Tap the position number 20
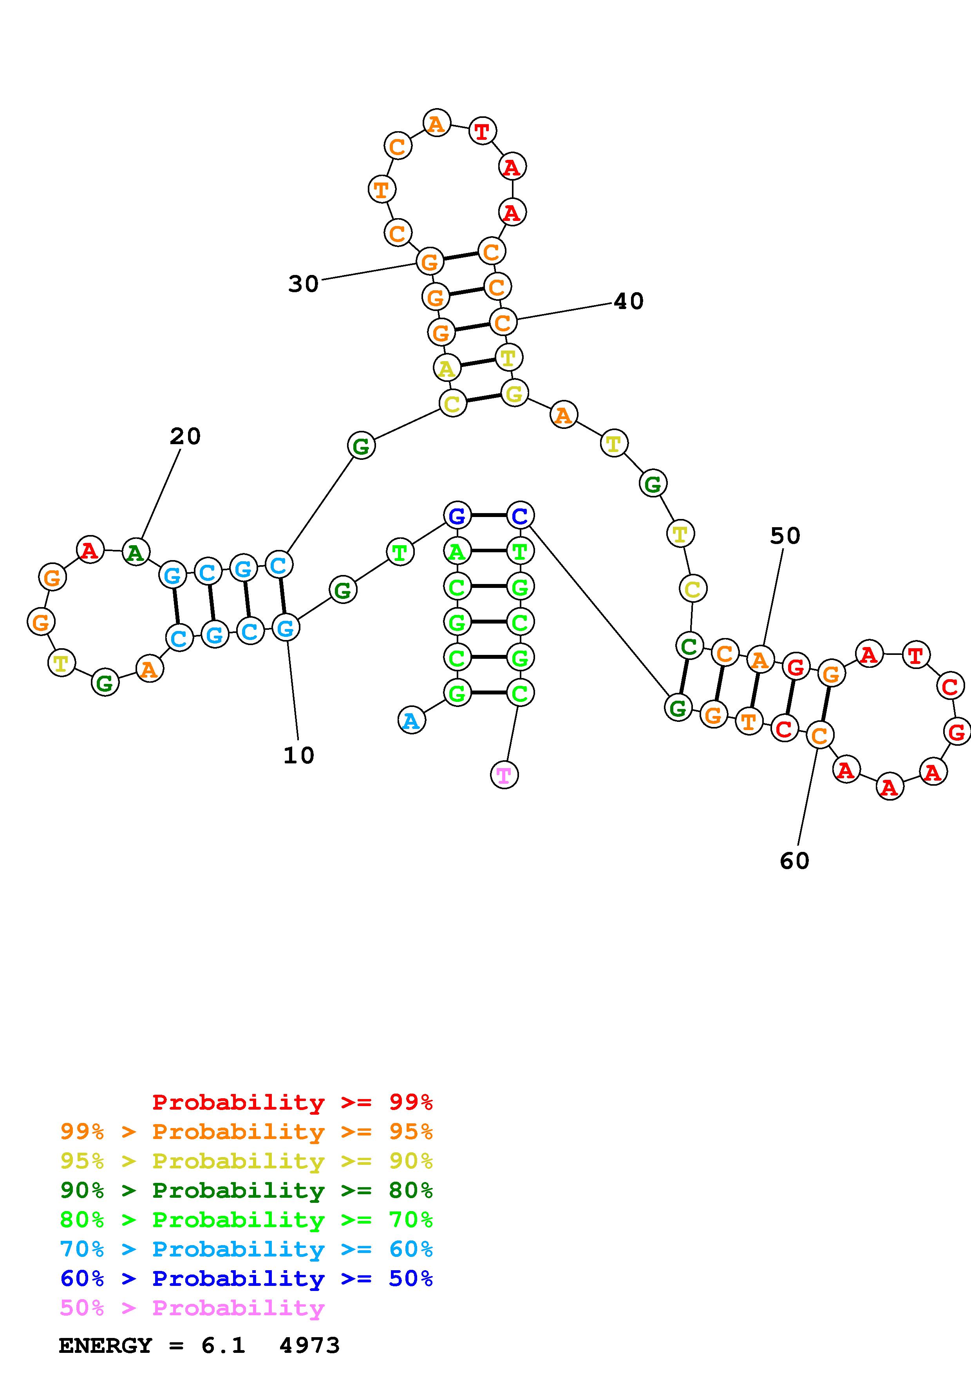(185, 436)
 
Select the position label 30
(303, 284)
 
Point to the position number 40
(629, 301)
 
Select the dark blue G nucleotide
(457, 515)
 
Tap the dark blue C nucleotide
(520, 515)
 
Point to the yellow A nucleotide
(446, 368)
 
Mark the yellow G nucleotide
(514, 393)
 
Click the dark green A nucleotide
(136, 552)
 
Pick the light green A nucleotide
(457, 551)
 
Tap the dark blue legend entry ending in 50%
(246, 1279)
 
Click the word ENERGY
(105, 1346)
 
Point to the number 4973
(309, 1346)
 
